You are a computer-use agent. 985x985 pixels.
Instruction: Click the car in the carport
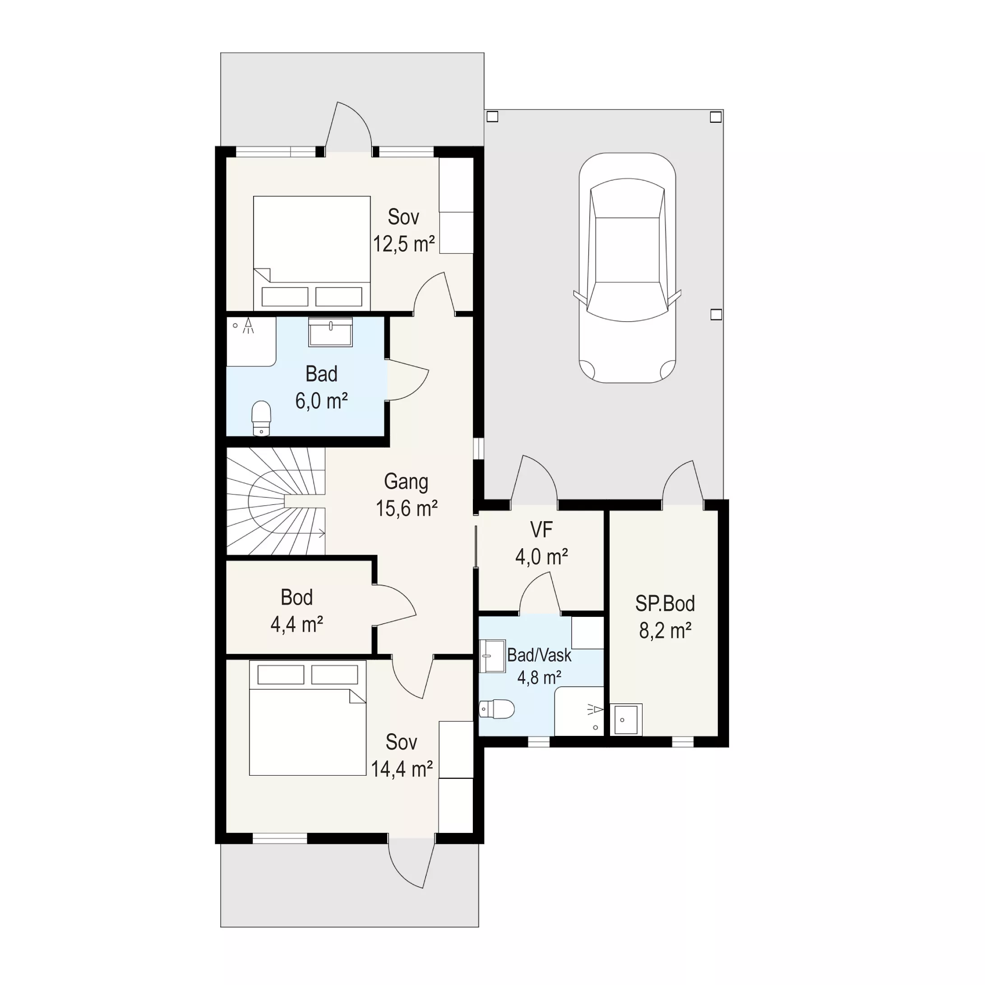tap(627, 268)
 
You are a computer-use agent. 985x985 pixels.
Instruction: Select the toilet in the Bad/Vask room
tap(497, 709)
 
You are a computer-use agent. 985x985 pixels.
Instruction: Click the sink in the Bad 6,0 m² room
tap(330, 332)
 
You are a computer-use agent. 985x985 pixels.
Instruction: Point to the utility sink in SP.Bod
tap(626, 719)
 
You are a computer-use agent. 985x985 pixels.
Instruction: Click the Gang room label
tap(406, 482)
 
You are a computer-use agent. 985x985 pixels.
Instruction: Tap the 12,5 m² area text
tap(404, 244)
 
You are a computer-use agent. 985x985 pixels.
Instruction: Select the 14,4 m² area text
tap(402, 769)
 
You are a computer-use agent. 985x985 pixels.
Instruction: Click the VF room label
tap(541, 530)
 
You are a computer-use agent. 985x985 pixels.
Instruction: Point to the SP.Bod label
tap(665, 604)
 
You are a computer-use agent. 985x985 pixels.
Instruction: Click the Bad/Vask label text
tap(539, 655)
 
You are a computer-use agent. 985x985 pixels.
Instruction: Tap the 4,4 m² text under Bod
tap(297, 624)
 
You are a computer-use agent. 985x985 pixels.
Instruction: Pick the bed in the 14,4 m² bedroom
tap(307, 718)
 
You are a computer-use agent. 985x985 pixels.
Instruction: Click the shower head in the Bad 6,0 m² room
tap(248, 325)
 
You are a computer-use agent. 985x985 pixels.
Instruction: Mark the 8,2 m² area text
tap(666, 631)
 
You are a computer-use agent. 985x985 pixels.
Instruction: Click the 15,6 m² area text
tap(407, 509)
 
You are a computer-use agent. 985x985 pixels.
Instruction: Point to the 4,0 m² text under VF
tap(541, 557)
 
